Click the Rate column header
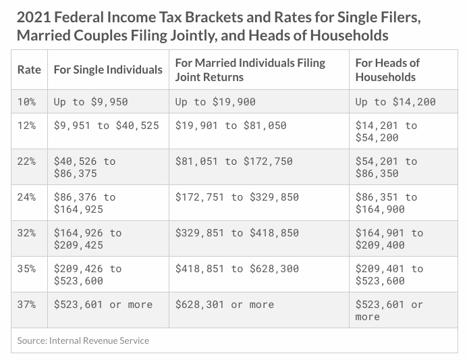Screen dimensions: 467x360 coord(29,70)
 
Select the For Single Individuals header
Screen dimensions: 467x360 coord(108,70)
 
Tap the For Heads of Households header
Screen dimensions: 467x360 coord(387,70)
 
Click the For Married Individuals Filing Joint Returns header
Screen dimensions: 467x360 coord(250,70)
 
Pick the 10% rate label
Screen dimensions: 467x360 coord(26,102)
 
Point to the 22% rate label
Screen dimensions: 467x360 coord(26,161)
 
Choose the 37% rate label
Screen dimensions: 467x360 coord(26,305)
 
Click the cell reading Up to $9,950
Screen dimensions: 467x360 coord(91,102)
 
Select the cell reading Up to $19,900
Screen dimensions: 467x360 coord(215,102)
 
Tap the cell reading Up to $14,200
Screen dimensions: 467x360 coord(395,102)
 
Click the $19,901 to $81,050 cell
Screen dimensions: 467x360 coord(231,126)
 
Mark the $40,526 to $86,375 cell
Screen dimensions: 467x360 coord(84,168)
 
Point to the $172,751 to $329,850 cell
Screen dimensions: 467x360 coord(237,197)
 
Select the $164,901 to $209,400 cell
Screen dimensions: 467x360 coord(389,239)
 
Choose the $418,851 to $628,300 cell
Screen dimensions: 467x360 coord(237,269)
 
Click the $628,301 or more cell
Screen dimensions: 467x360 coord(225,305)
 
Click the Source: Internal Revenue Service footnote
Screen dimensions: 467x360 coord(83,340)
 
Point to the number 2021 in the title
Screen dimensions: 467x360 coord(34,18)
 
